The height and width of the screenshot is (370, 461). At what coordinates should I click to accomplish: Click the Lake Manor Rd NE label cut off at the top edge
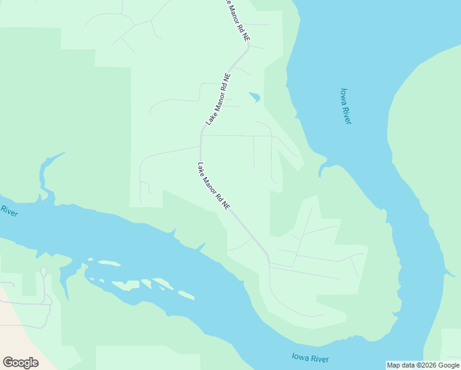[x=237, y=20]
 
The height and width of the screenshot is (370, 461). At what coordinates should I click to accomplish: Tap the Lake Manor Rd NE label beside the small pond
[x=218, y=100]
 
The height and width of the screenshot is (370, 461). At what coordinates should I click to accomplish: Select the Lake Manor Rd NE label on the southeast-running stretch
[x=214, y=186]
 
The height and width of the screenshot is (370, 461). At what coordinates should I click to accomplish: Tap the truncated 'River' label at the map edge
[x=9, y=212]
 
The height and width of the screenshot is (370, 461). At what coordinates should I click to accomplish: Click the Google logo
[x=20, y=363]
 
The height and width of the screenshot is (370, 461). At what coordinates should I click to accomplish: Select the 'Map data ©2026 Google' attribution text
[x=423, y=365]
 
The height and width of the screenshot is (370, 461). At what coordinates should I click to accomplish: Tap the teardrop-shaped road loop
[x=43, y=272]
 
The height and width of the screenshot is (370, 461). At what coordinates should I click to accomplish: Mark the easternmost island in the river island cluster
[x=183, y=294]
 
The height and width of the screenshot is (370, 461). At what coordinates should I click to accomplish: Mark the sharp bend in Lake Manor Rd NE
[x=202, y=131]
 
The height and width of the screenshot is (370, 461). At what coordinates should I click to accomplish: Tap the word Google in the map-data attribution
[x=448, y=365]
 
